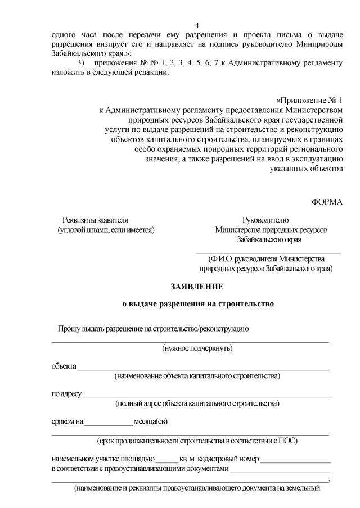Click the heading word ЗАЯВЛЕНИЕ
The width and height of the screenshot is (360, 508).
197,287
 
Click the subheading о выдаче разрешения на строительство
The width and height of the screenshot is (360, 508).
198,304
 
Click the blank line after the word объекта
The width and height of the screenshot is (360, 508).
203,369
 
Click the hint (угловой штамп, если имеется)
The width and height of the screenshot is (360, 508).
106,229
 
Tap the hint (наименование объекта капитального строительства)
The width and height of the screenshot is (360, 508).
197,375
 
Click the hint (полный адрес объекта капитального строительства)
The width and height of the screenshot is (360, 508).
197,403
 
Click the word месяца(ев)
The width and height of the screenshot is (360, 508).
151,422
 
